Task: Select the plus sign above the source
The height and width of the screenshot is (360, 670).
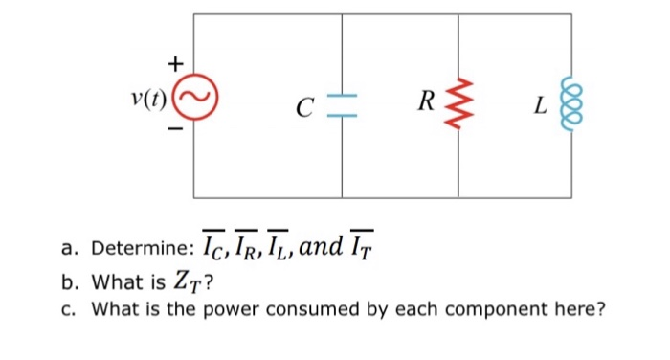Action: click(x=174, y=64)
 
